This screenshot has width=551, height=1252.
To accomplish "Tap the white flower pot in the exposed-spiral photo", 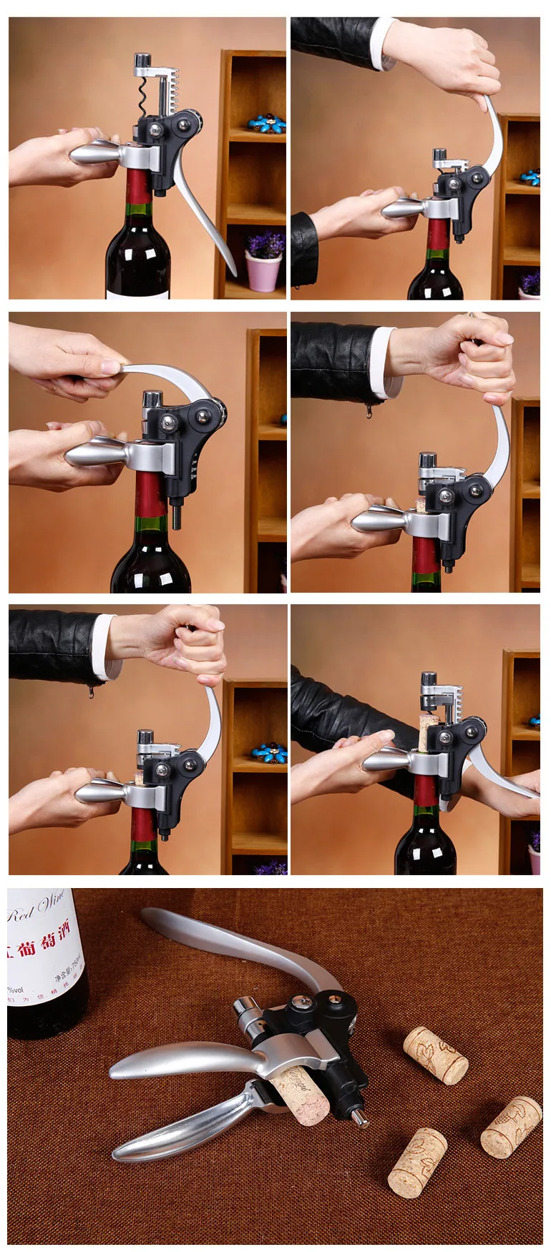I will [263, 271].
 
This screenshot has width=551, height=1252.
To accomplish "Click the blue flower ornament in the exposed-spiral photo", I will [266, 123].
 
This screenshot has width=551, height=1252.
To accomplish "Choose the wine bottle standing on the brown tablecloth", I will [43, 965].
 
